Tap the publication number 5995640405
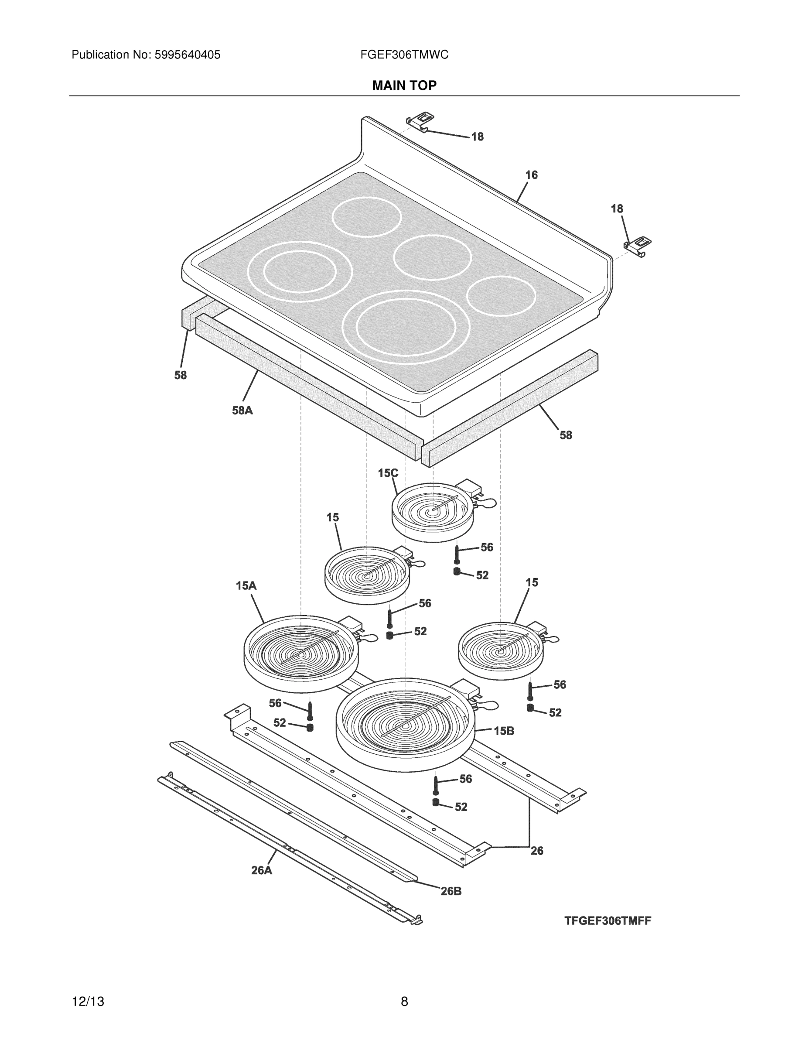tap(187, 55)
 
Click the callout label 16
tap(532, 175)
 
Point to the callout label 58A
tap(242, 411)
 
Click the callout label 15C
tap(388, 473)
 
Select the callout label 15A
tap(246, 585)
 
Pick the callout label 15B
tap(504, 731)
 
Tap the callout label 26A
tap(262, 870)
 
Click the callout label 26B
tap(451, 891)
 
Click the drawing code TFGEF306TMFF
tap(607, 920)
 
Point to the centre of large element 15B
tap(406, 728)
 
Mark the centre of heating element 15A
tap(300, 654)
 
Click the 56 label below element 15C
tap(486, 547)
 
